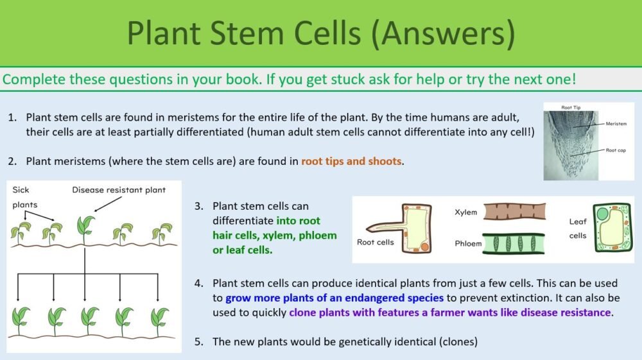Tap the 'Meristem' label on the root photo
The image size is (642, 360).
(x=615, y=123)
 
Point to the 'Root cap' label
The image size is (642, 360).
(x=614, y=150)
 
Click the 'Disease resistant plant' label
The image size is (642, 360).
(x=119, y=190)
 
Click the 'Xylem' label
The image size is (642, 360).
(x=465, y=212)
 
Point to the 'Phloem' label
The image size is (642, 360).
(x=468, y=244)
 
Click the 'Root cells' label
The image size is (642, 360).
(x=375, y=242)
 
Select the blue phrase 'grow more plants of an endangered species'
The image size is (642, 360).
(x=334, y=298)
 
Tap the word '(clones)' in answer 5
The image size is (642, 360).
(x=458, y=341)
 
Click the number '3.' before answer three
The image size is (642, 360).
(x=199, y=206)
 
